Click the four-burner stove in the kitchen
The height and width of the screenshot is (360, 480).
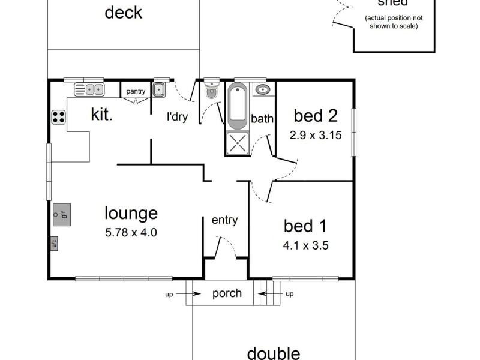(x=58, y=117)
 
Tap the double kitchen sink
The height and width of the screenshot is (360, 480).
(x=89, y=90)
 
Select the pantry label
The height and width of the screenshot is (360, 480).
(x=136, y=91)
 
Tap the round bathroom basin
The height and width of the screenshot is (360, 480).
(x=262, y=91)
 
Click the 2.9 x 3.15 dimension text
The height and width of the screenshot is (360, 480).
(x=315, y=136)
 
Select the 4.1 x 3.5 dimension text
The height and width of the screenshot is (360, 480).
(x=305, y=245)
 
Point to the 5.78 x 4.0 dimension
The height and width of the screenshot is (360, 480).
(x=131, y=233)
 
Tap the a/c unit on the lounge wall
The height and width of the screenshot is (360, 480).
(x=53, y=244)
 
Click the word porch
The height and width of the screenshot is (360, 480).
(x=227, y=293)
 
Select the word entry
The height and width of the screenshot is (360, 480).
(x=224, y=220)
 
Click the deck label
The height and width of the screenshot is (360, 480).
(x=124, y=13)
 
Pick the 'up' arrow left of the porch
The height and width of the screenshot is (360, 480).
(x=180, y=294)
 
